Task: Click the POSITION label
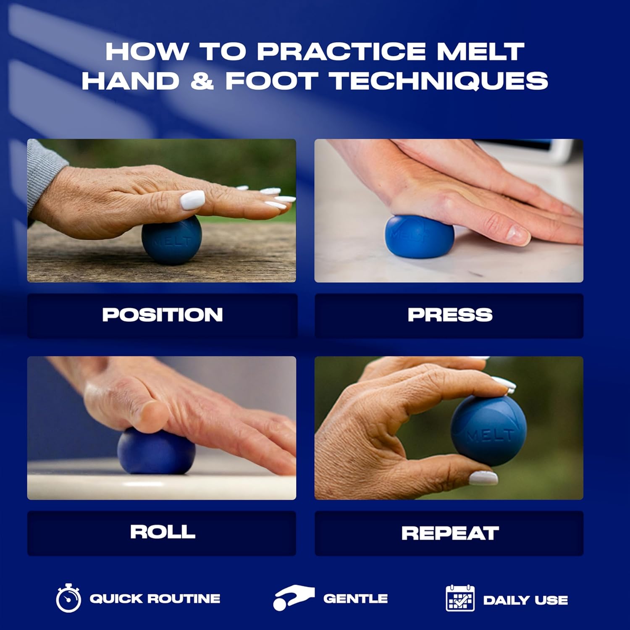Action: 163,315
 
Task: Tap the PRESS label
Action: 450,315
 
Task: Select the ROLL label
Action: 163,532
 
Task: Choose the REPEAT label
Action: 450,533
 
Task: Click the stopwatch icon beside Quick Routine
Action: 68,598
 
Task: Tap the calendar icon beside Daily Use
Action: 460,598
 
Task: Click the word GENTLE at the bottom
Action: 355,598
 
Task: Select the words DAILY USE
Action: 525,600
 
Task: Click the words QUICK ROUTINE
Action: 155,598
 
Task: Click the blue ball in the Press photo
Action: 420,236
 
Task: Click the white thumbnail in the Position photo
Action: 192,200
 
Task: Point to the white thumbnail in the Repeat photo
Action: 483,478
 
